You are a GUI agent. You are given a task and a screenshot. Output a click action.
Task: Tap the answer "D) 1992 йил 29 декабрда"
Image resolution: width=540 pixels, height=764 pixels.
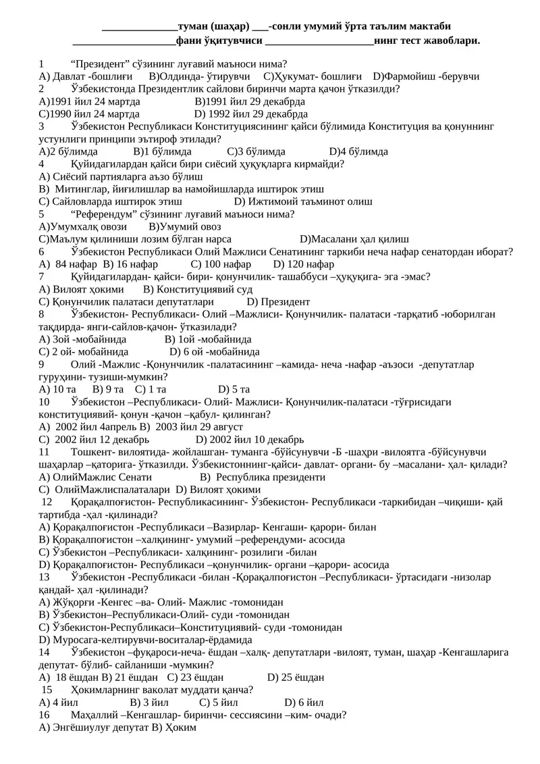(251, 113)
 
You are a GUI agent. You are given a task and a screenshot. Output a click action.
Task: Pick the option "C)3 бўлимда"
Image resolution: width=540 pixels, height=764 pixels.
(256, 151)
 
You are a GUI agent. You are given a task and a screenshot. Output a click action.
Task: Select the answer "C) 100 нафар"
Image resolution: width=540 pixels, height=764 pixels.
(221, 264)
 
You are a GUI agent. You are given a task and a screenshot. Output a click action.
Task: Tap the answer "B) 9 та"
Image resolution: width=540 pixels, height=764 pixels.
(108, 389)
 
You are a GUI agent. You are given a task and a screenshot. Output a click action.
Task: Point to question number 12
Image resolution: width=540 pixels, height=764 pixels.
(47, 502)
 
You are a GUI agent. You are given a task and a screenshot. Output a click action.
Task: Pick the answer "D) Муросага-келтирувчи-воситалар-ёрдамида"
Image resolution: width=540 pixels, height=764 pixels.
(146, 639)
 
